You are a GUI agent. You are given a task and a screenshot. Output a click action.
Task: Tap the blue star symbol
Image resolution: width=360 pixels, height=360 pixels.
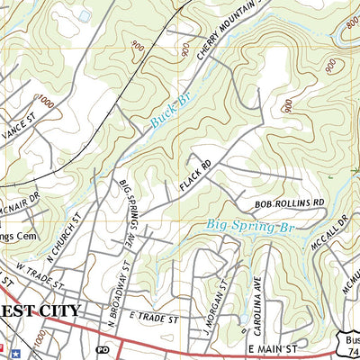click(4, 346)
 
